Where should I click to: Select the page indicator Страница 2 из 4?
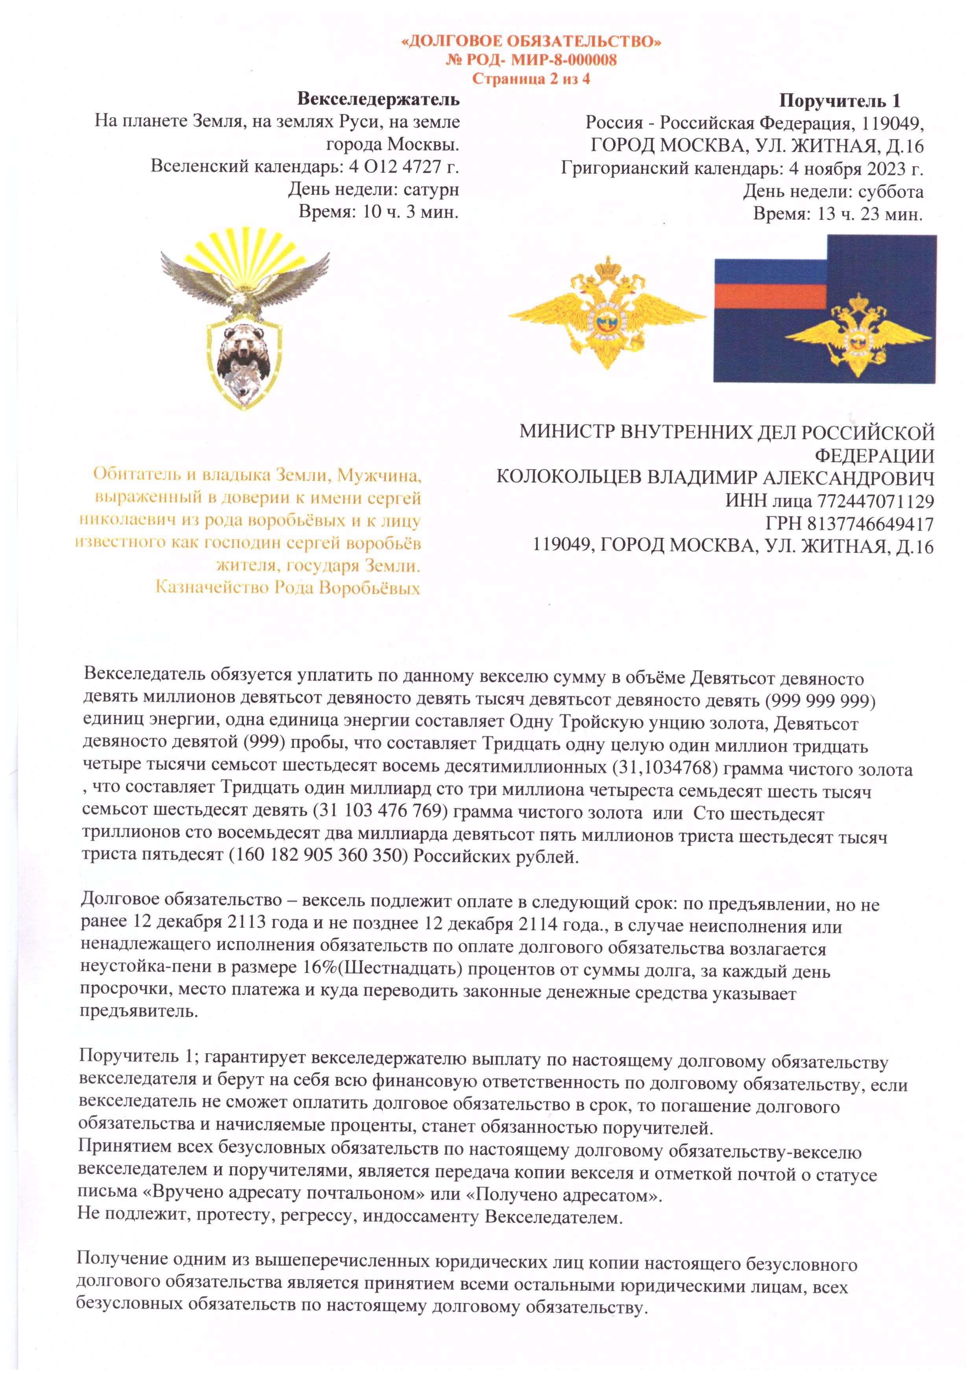pos(531,79)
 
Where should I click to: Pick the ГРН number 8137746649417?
pos(870,524)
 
